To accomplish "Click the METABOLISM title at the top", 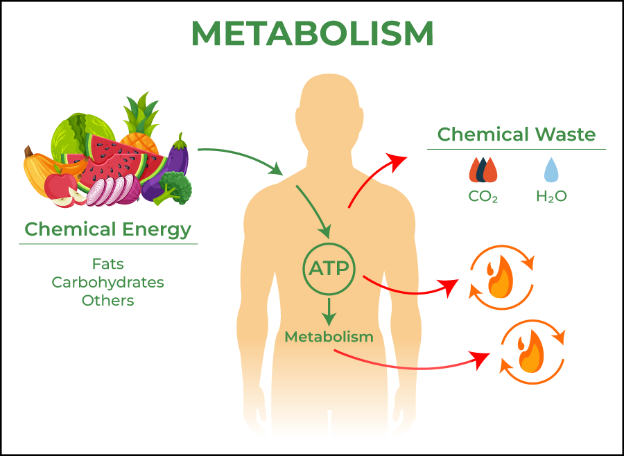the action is tap(312, 33).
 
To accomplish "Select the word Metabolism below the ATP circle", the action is tap(329, 337).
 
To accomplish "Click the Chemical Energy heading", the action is tap(108, 229).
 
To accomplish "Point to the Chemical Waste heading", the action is tap(517, 134).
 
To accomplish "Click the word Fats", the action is tap(108, 264).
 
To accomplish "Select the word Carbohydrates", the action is tap(108, 282).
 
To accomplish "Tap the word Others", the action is tap(108, 300).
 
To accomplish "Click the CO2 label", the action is tap(483, 196).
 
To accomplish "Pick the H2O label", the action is tap(552, 196).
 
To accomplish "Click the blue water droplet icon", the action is tap(551, 170).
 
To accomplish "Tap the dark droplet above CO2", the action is tap(483, 170).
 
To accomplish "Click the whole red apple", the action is tap(60, 184).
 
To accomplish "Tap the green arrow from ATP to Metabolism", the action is tap(329, 312).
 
